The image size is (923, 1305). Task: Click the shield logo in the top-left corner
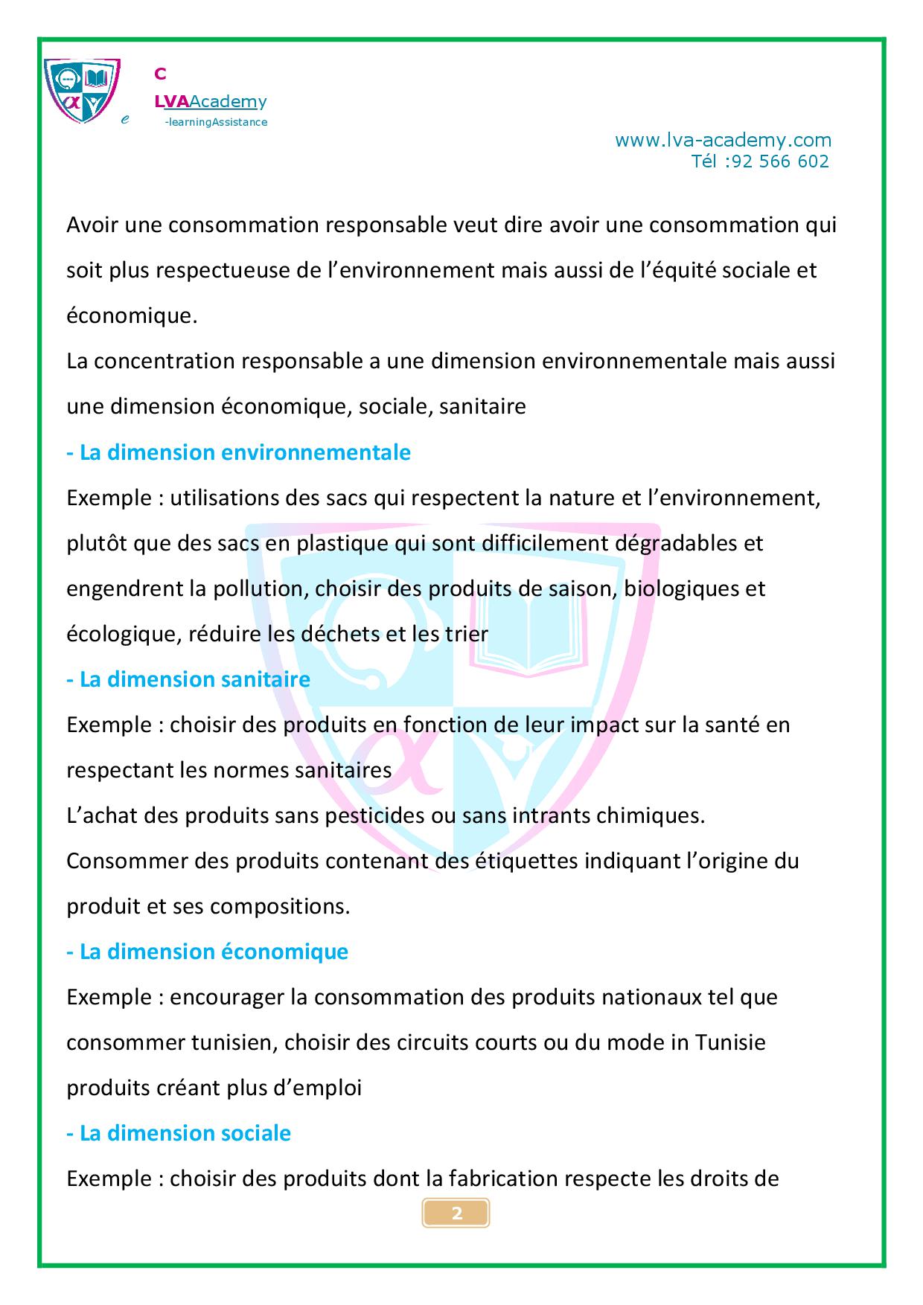pyautogui.click(x=81, y=91)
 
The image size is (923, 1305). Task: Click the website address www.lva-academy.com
pyautogui.click(x=723, y=140)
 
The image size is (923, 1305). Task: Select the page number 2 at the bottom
pyautogui.click(x=456, y=1213)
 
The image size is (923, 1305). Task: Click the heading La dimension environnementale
pyautogui.click(x=239, y=452)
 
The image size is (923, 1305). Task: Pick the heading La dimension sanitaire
pyautogui.click(x=188, y=679)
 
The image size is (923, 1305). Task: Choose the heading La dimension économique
pyautogui.click(x=208, y=952)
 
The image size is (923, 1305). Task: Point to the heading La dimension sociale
pyautogui.click(x=179, y=1133)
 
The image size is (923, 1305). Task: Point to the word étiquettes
pyautogui.click(x=507, y=861)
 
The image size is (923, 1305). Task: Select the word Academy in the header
pyautogui.click(x=229, y=102)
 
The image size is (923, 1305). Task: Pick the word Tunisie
pyautogui.click(x=730, y=1042)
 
